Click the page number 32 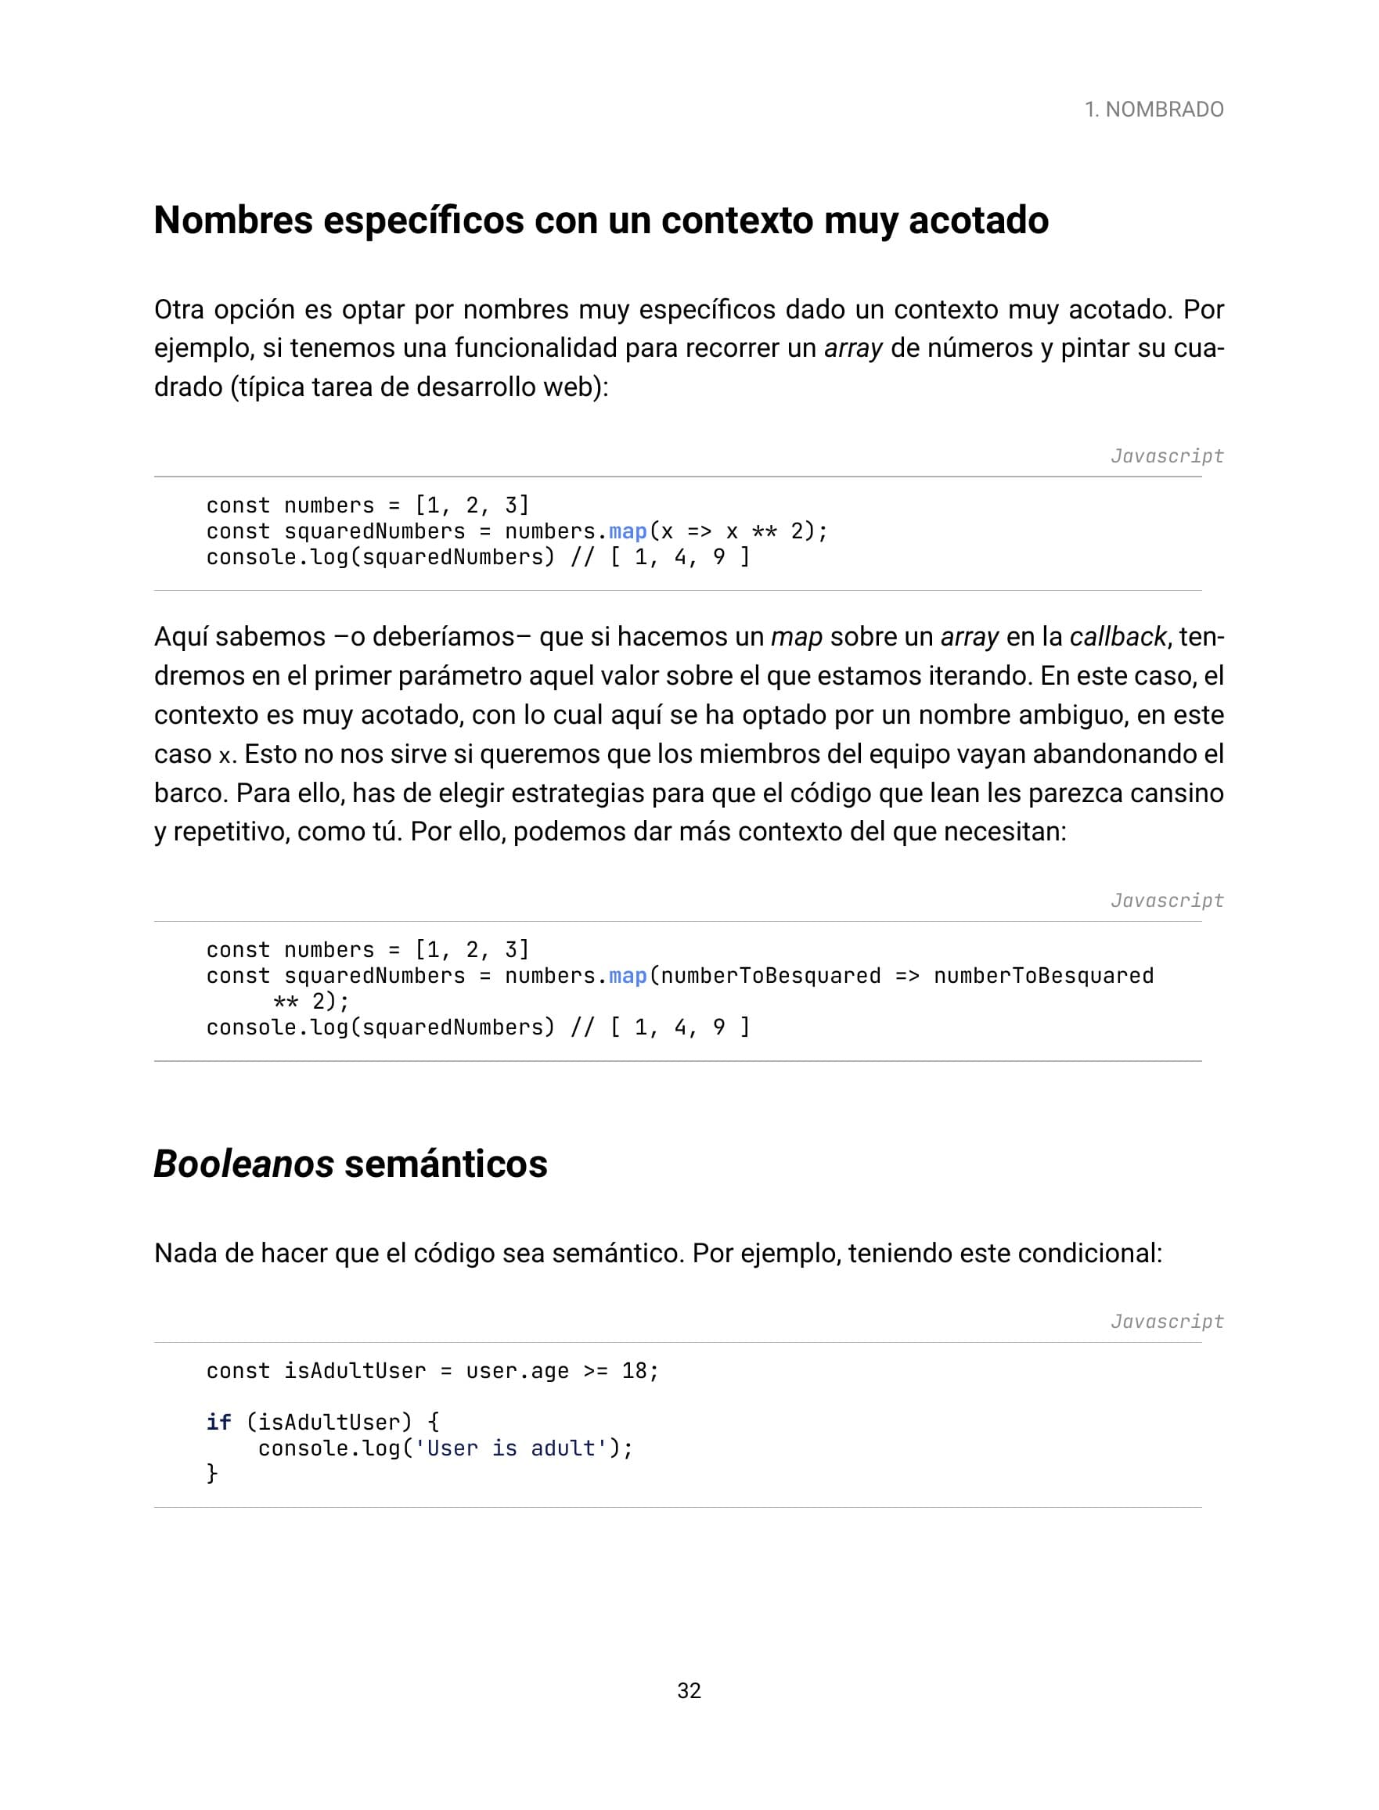[689, 1690]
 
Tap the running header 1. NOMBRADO [1154, 109]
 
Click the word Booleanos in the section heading [243, 1164]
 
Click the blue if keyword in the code [218, 1422]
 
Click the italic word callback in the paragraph [1117, 637]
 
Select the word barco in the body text [188, 793]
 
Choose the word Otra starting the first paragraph [178, 309]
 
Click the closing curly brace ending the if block [212, 1474]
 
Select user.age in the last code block [517, 1371]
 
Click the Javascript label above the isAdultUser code [1166, 1321]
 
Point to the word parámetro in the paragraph [459, 676]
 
